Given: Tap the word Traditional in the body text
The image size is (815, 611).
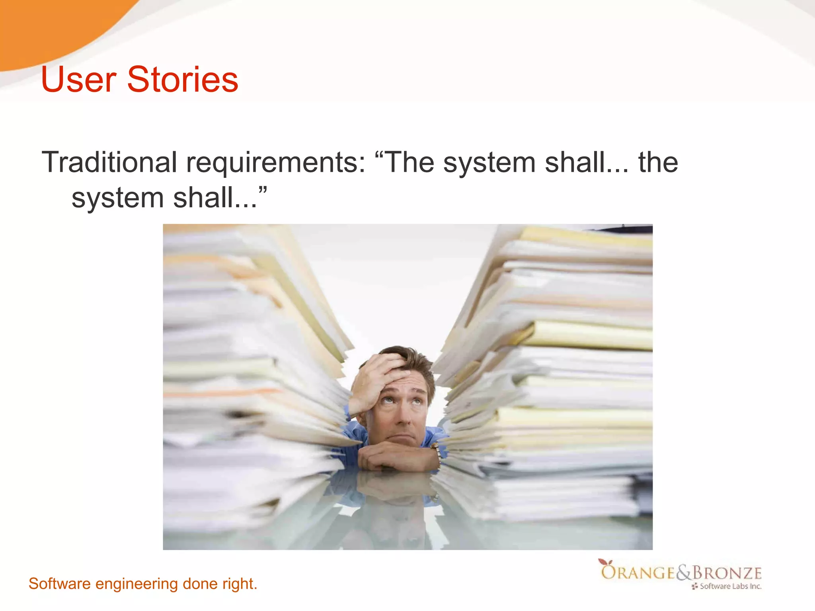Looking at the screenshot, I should click(109, 162).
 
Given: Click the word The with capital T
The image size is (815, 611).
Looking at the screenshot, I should click(410, 162).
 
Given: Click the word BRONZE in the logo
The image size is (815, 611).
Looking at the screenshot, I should click(727, 573).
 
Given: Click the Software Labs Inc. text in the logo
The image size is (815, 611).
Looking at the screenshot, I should click(730, 586).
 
